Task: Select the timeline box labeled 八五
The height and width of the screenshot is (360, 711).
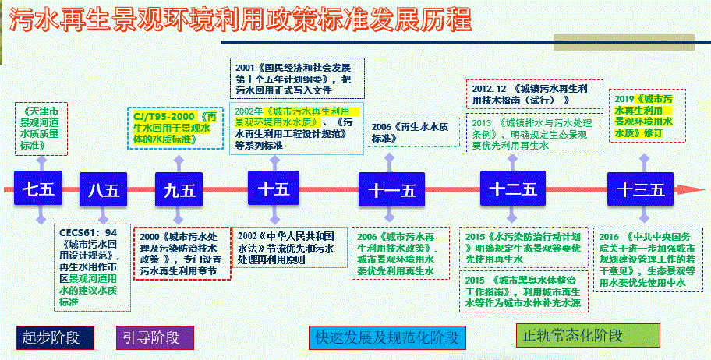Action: [x=104, y=189]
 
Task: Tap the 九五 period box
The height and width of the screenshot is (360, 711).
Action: [x=179, y=189]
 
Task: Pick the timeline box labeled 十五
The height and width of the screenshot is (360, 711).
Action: [x=273, y=189]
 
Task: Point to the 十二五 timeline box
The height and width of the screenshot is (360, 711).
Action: [x=512, y=189]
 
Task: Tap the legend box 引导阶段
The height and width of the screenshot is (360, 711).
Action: [x=151, y=337]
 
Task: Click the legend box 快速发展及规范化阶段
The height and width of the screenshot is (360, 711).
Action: [x=387, y=337]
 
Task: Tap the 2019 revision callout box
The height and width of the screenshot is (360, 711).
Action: [x=645, y=116]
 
